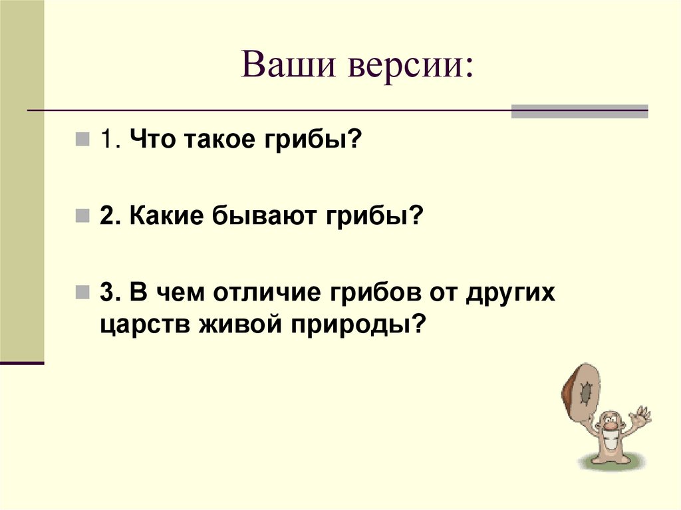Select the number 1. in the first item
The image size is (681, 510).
110,142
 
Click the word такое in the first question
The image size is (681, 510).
216,142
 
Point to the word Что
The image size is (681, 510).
152,142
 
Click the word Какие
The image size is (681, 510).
166,217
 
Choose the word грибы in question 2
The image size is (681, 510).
375,217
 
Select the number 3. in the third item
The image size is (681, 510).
110,294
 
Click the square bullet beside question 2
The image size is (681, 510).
82,217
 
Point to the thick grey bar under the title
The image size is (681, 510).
579,112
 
